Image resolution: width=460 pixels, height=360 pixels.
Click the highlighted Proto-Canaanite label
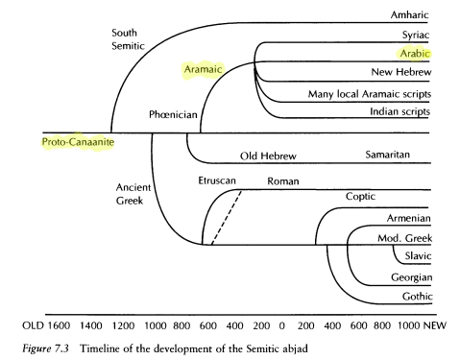78,142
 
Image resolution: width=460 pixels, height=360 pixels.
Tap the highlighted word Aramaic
203,69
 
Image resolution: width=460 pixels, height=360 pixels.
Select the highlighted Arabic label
415,54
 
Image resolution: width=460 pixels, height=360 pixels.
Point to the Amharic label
409,14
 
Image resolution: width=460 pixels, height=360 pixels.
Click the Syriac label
416,35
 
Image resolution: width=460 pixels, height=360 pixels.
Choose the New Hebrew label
401,72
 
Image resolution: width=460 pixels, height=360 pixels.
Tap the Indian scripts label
400,111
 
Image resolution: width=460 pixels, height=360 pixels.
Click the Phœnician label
173,114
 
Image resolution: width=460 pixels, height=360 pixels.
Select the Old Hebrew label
268,156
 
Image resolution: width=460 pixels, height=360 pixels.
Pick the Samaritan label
388,155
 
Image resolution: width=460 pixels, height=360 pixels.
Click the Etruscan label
217,180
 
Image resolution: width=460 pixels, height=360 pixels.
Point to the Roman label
283,181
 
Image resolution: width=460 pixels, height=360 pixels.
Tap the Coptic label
360,197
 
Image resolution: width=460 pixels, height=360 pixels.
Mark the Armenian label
409,218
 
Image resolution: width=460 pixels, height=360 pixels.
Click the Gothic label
418,297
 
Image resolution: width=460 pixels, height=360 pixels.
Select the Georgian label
412,277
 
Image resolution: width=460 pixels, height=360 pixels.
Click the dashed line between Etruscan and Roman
227,218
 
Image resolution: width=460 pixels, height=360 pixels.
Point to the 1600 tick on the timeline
59,325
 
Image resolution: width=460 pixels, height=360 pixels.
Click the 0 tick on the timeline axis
281,325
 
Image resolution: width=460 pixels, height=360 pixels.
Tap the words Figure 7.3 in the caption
45,348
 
